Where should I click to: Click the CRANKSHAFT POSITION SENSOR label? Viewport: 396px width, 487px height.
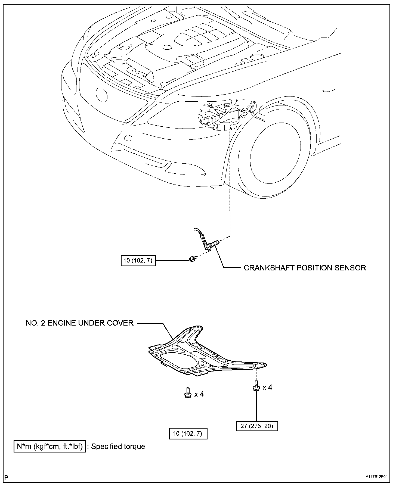pos(305,268)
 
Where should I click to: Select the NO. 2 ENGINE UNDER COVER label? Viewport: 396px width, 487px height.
pos(79,323)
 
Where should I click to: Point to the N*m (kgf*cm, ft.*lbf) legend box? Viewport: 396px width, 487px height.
pos(49,447)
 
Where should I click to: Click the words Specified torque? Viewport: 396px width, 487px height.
pos(118,447)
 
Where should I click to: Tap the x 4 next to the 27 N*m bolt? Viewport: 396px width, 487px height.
pos(267,387)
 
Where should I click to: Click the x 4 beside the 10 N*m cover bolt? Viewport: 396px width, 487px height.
pos(199,394)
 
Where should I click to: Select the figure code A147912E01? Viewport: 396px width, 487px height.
pos(376,477)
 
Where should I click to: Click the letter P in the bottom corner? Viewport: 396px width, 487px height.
pos(7,477)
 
